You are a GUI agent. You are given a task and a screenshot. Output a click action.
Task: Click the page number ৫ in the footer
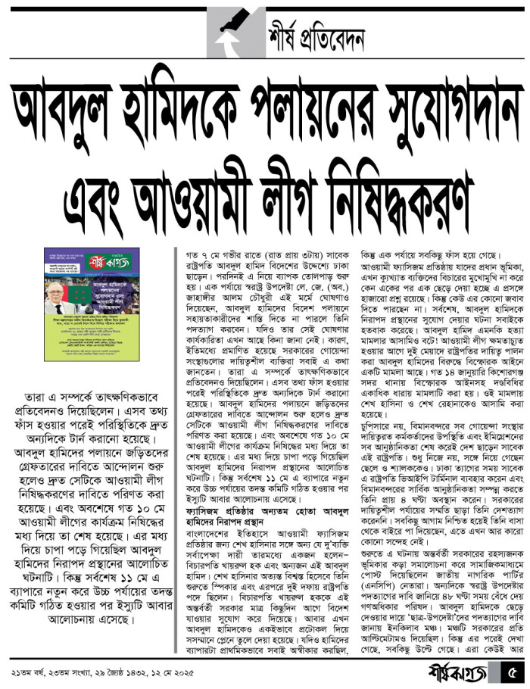point(512,670)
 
